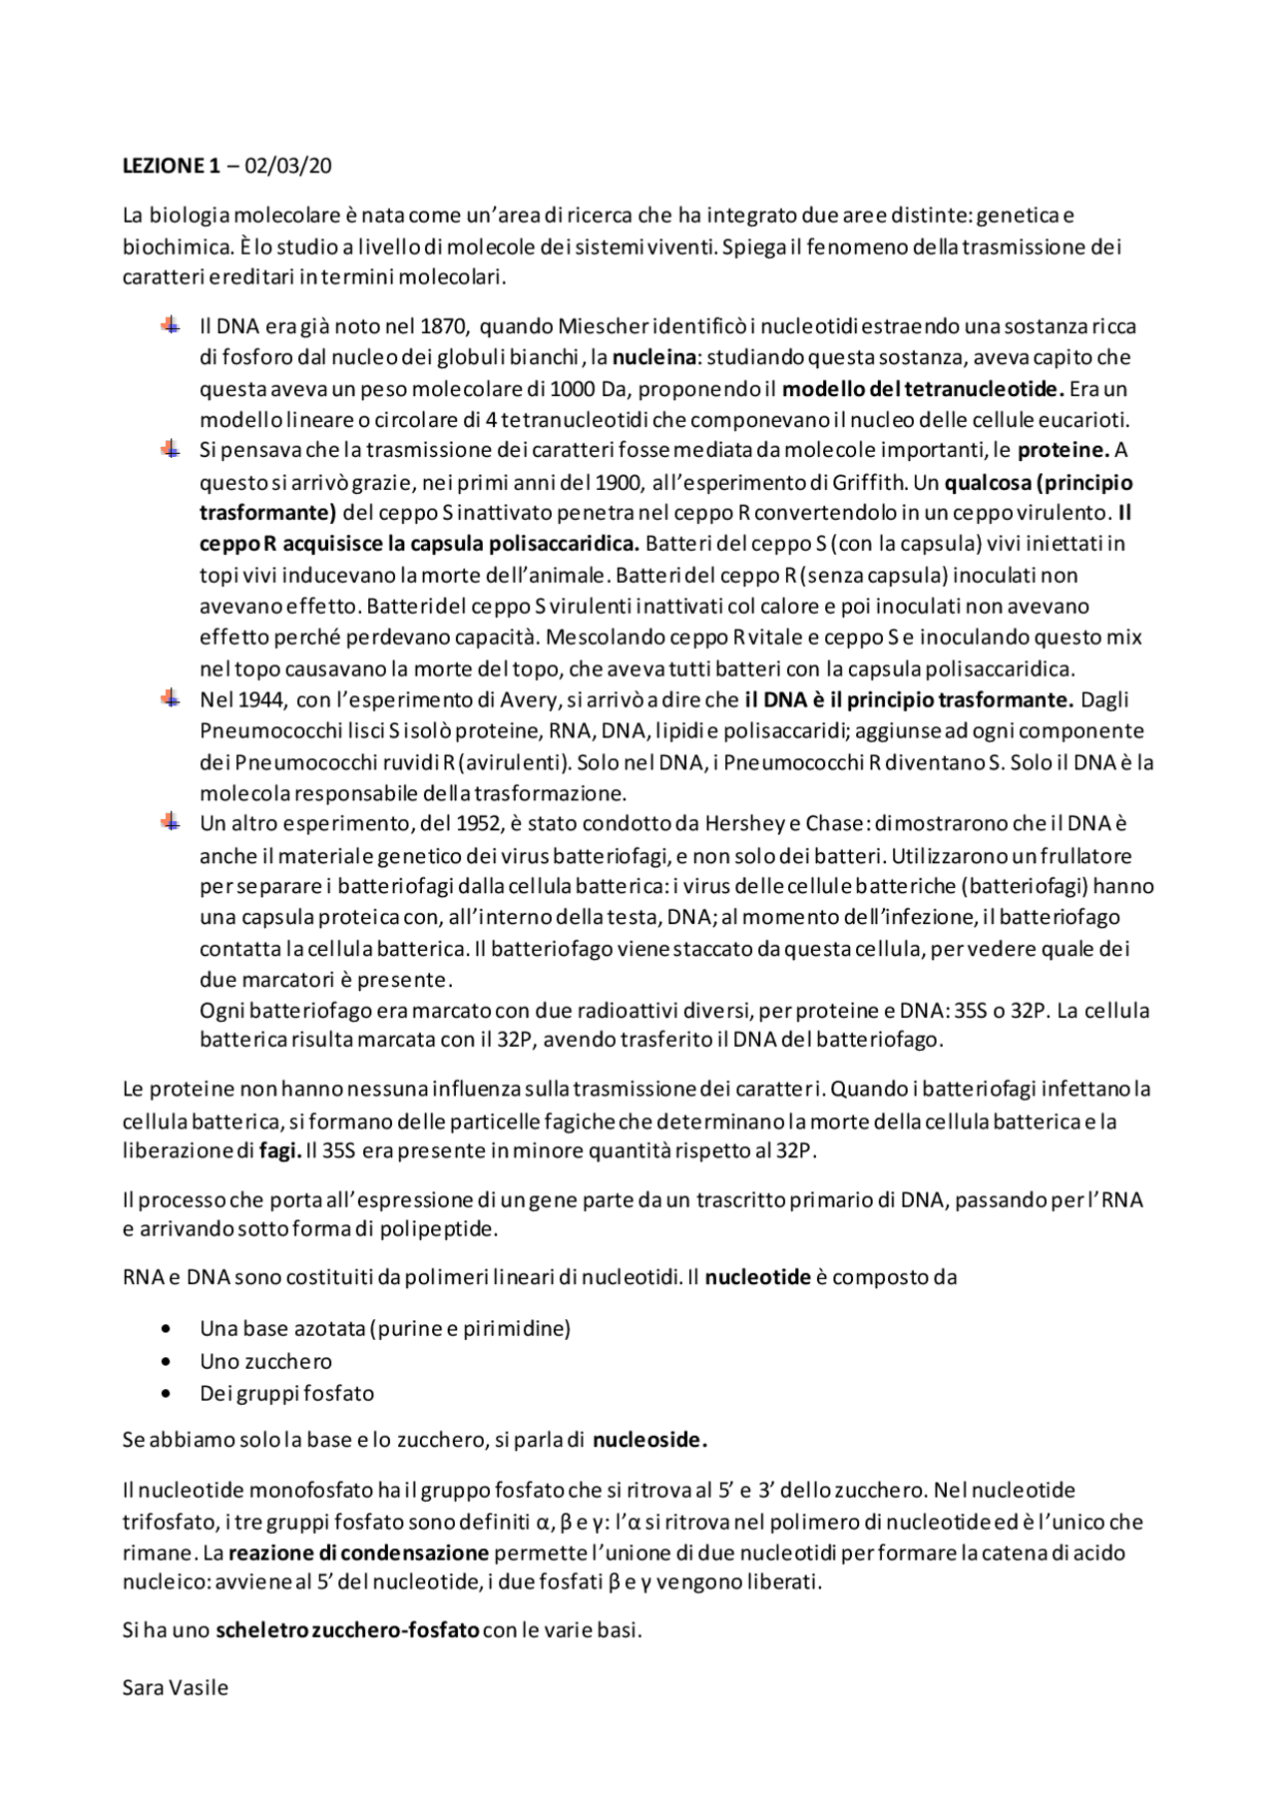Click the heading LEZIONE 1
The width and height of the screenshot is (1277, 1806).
[x=171, y=167]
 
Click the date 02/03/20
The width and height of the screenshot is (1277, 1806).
[x=288, y=167]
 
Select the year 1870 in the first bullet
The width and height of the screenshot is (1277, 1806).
[x=442, y=326]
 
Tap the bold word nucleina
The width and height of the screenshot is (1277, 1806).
[x=653, y=357]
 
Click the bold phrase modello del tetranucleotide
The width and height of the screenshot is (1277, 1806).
[x=923, y=389]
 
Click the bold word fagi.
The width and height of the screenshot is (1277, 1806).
[x=279, y=1150]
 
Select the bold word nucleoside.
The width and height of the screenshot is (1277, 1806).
[x=649, y=1440]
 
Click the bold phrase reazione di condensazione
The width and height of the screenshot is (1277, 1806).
[x=358, y=1553]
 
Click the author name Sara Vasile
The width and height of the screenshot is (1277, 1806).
[x=176, y=1688]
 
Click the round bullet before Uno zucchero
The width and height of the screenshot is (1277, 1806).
[x=166, y=1362]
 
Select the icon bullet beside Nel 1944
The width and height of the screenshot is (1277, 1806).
[x=171, y=698]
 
